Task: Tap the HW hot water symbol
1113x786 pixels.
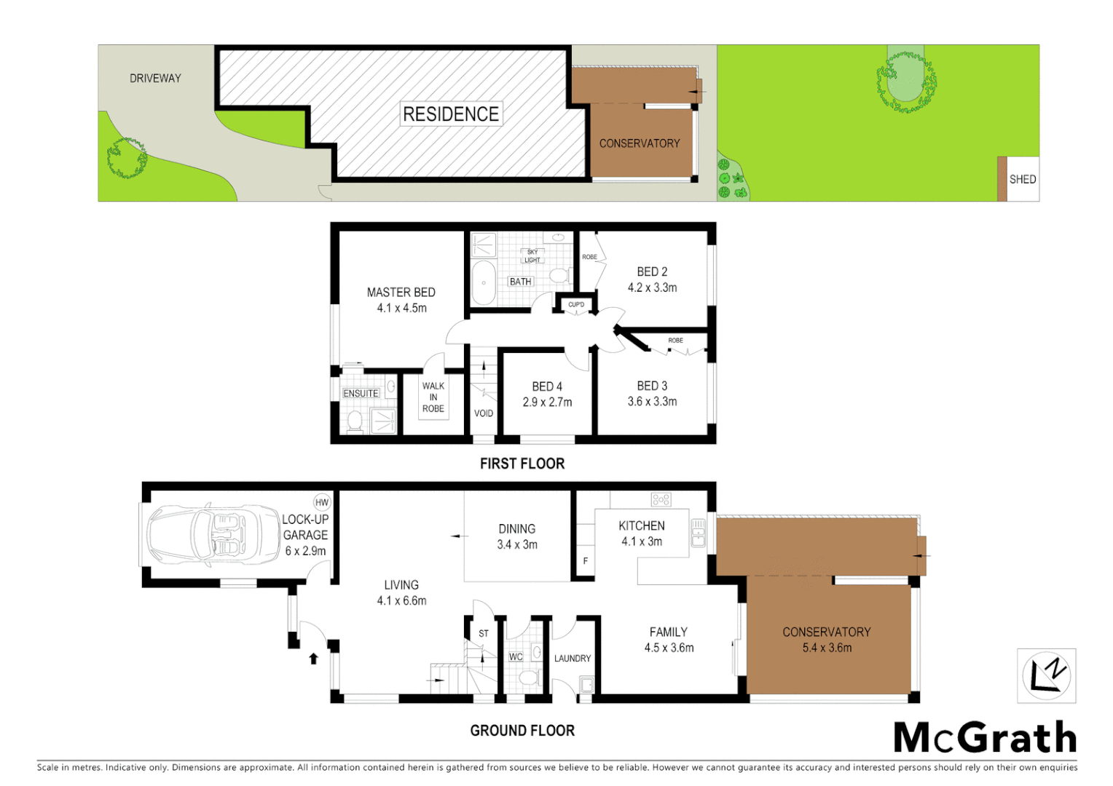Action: pos(322,502)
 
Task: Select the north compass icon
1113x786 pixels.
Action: pos(1046,675)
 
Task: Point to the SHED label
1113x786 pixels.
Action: pos(1022,179)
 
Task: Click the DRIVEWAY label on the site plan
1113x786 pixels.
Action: pos(155,79)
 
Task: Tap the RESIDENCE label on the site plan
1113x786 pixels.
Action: pos(451,114)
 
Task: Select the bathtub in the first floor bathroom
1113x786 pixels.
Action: pos(483,282)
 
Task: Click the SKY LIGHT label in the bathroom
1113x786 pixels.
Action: pos(532,256)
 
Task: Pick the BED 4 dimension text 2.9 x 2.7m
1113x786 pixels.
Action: pos(547,402)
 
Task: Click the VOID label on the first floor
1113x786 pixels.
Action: pos(484,413)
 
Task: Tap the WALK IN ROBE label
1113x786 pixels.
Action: pos(433,397)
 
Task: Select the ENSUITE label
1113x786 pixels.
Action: pos(361,394)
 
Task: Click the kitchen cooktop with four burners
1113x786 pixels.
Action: pos(661,499)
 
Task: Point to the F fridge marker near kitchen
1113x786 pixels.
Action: pos(586,561)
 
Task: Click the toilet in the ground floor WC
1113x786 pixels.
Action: pos(529,678)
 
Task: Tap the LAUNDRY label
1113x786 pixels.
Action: pos(573,659)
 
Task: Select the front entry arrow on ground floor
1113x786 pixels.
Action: pos(313,659)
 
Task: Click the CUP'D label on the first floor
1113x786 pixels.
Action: pos(576,305)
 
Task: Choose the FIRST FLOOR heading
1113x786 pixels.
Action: pos(522,464)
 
